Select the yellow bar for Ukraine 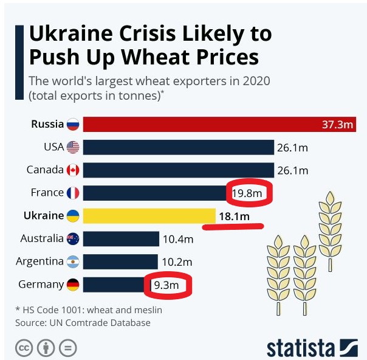tap(149, 216)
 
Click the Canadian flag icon tap(73, 170)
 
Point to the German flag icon tap(73, 285)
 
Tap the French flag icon tap(73, 193)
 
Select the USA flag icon tap(73, 147)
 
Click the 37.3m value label tap(338, 125)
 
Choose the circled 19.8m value tap(248, 193)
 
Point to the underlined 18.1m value tap(234, 216)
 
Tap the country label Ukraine tap(43, 215)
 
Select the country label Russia tap(47, 124)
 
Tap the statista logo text tap(300, 348)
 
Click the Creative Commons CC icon tap(24, 348)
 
